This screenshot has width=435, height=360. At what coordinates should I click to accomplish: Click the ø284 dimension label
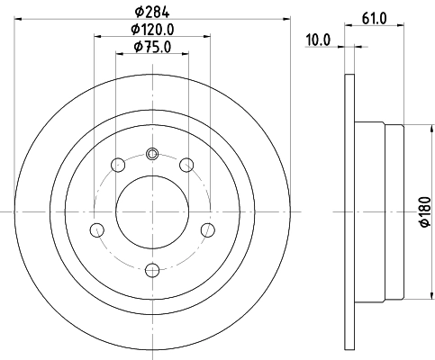click(x=151, y=13)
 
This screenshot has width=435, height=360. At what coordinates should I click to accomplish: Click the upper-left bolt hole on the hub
click(x=117, y=165)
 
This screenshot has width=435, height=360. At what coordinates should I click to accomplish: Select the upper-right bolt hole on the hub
click(x=186, y=165)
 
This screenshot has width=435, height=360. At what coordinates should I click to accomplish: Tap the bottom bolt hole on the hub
click(x=151, y=267)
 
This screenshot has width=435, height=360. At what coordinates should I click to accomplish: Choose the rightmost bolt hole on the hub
click(x=208, y=229)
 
